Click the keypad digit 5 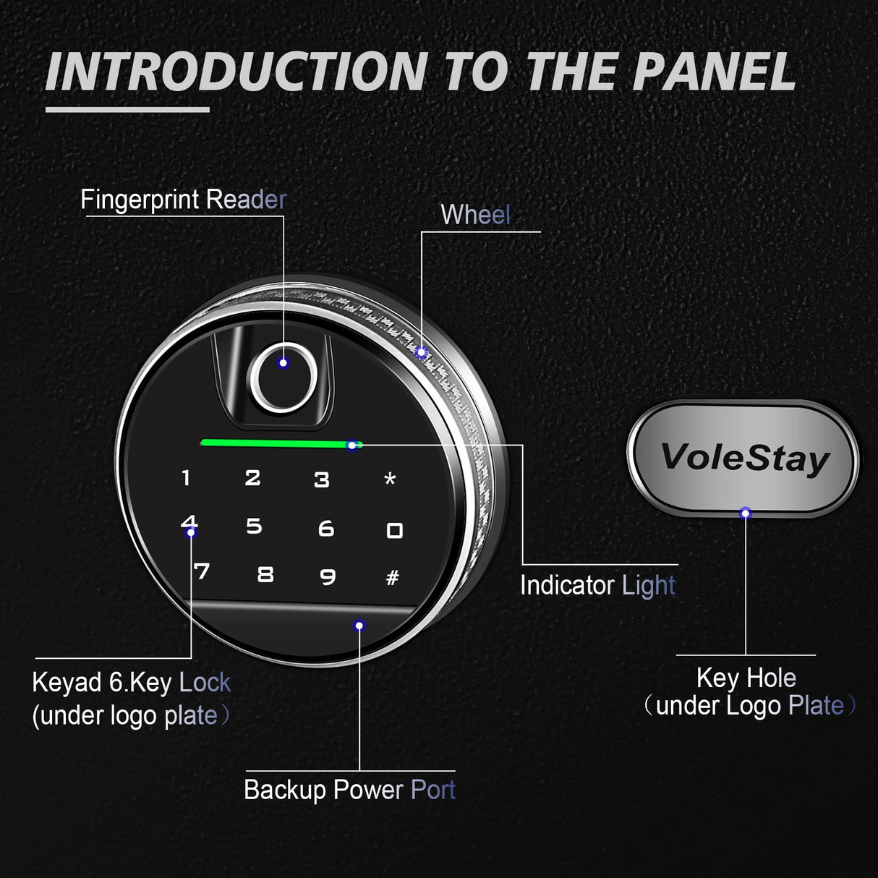(x=254, y=526)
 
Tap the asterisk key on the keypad (x=390, y=479)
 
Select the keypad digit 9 (x=328, y=576)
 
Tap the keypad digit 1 (x=186, y=477)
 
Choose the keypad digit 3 (x=322, y=480)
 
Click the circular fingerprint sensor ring (x=282, y=378)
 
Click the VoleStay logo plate (x=744, y=457)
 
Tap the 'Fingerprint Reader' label (x=183, y=200)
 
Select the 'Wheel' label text (x=475, y=215)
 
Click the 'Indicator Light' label (x=597, y=585)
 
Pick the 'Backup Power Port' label (x=349, y=790)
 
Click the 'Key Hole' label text (x=746, y=678)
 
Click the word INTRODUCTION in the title (x=236, y=73)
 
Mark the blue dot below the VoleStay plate (x=745, y=513)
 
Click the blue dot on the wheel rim (x=422, y=353)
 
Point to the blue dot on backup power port (x=359, y=626)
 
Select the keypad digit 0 (x=394, y=531)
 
